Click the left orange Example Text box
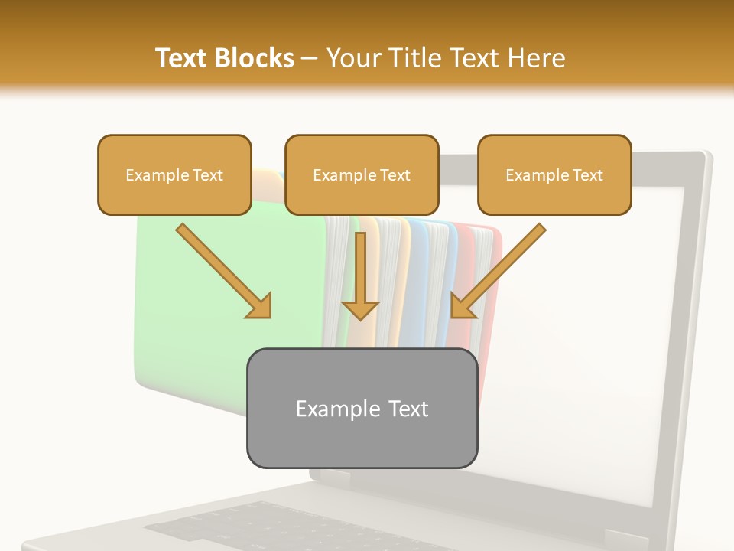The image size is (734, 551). [x=174, y=175]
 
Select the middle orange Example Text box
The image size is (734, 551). [x=362, y=175]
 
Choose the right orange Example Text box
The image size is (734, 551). [x=554, y=175]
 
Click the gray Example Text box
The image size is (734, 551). [x=362, y=409]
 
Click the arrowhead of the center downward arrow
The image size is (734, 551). [x=360, y=309]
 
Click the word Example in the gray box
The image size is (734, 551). [x=329, y=409]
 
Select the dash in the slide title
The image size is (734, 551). [x=310, y=59]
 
